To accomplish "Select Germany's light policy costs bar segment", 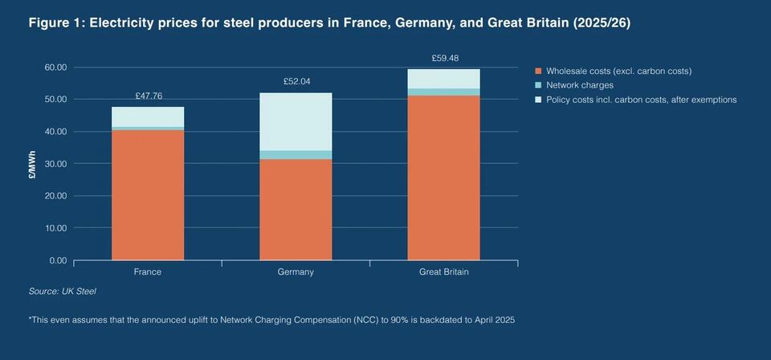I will (x=296, y=121).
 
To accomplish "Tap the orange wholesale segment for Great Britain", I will (x=443, y=178).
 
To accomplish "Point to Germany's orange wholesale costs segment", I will (x=296, y=209).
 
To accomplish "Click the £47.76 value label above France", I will (x=148, y=96).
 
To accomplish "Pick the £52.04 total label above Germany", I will (x=296, y=81).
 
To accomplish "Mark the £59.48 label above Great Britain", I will (x=443, y=58).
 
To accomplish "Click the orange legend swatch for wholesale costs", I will (x=538, y=71).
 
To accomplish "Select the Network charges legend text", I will (x=579, y=85).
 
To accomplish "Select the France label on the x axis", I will (x=148, y=272).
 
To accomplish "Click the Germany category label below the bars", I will (x=296, y=272).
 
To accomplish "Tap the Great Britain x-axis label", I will (x=443, y=272).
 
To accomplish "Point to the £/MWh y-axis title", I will (x=32, y=164).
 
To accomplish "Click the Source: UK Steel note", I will (x=62, y=291).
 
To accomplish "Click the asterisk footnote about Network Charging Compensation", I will (x=271, y=320).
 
